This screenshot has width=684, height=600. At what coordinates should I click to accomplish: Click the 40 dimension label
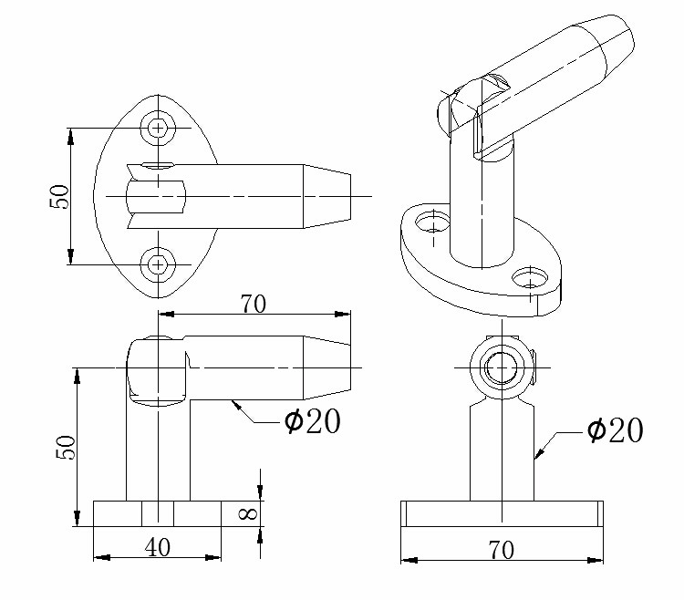click(x=158, y=547)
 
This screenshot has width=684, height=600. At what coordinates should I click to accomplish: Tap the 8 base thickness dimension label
click(x=248, y=513)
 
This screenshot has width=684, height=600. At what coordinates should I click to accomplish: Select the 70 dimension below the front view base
click(x=502, y=550)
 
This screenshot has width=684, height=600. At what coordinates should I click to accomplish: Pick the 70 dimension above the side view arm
click(x=253, y=304)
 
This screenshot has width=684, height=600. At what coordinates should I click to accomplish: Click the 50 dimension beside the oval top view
click(x=59, y=197)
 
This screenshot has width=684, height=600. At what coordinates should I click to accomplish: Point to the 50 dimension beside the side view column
click(x=66, y=447)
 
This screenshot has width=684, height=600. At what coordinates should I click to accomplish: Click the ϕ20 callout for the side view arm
click(x=312, y=421)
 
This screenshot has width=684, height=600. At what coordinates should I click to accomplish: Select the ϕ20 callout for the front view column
click(x=615, y=430)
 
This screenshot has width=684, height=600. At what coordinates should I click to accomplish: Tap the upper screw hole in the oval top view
click(x=158, y=128)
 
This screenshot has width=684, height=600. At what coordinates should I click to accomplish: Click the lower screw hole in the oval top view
click(x=158, y=264)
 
